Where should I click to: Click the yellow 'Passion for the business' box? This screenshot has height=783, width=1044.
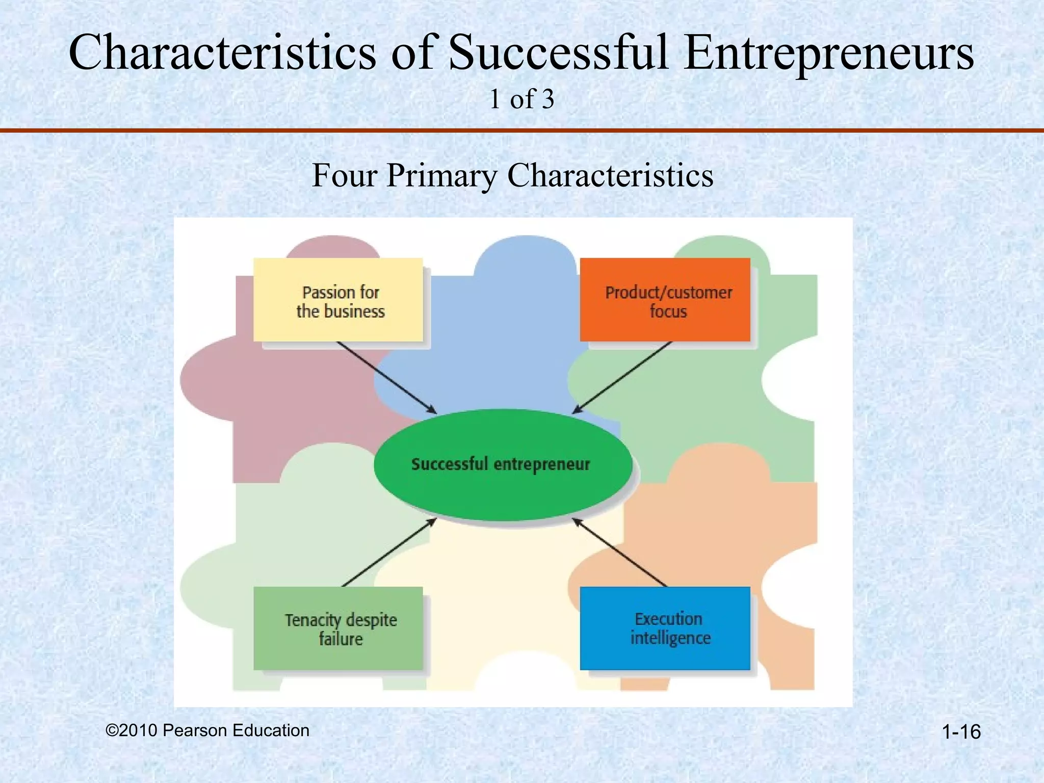click(x=338, y=300)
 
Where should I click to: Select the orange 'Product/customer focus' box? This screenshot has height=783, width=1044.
click(x=665, y=300)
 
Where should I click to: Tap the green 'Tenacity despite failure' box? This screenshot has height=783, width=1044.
click(x=338, y=629)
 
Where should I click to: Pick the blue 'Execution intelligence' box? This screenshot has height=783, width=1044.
click(x=665, y=629)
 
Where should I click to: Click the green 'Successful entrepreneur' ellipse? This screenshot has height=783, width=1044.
click(x=503, y=464)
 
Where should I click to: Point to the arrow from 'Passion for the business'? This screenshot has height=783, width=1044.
click(x=386, y=377)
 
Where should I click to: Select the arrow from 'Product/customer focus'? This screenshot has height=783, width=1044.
click(x=622, y=377)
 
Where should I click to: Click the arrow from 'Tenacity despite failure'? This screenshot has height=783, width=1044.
click(x=389, y=553)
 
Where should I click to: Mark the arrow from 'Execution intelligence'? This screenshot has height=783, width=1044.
click(x=619, y=553)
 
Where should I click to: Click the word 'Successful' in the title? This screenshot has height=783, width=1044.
click(x=559, y=53)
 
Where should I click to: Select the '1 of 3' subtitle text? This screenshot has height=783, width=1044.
click(x=521, y=99)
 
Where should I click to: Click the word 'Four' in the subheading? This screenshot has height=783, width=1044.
click(x=345, y=175)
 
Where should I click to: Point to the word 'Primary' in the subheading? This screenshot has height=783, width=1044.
click(x=441, y=176)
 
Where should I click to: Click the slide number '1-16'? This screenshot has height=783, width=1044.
click(x=961, y=732)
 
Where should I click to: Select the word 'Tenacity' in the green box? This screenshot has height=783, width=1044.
click(x=312, y=620)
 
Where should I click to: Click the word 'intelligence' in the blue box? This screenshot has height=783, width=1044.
click(x=670, y=638)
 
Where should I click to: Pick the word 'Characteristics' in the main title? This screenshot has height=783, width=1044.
click(x=222, y=53)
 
